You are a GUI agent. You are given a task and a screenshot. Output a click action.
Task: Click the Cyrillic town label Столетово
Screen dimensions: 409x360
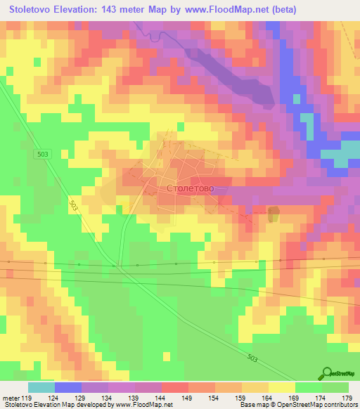(x=190, y=189)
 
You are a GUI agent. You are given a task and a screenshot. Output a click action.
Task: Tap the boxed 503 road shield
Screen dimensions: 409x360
(x=44, y=154)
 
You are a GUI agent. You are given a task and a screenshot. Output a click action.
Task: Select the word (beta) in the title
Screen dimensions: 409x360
(x=281, y=10)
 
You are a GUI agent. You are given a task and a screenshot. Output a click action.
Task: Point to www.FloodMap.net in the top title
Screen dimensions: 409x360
(x=225, y=10)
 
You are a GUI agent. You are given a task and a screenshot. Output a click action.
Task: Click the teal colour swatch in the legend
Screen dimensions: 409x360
(x=41, y=387)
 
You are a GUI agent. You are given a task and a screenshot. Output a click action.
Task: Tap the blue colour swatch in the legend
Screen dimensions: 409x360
(x=67, y=387)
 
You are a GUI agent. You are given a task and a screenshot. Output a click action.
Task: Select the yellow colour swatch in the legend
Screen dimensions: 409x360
(x=281, y=387)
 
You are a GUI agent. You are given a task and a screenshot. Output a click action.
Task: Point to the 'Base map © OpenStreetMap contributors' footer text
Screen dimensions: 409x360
(x=297, y=405)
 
